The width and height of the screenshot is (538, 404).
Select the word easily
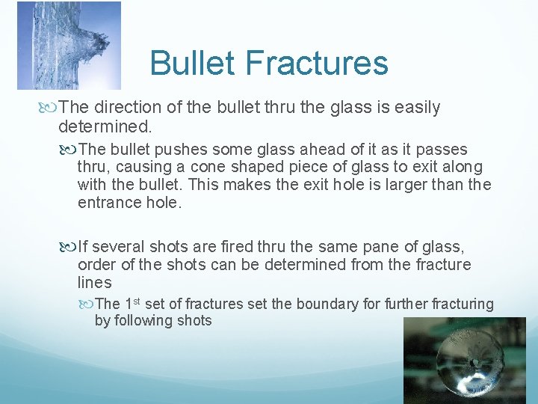click(x=409, y=108)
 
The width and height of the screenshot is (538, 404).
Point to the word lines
click(x=94, y=282)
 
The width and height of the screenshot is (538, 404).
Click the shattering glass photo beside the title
click(x=69, y=45)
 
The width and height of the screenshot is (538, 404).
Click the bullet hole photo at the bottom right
click(x=464, y=360)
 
